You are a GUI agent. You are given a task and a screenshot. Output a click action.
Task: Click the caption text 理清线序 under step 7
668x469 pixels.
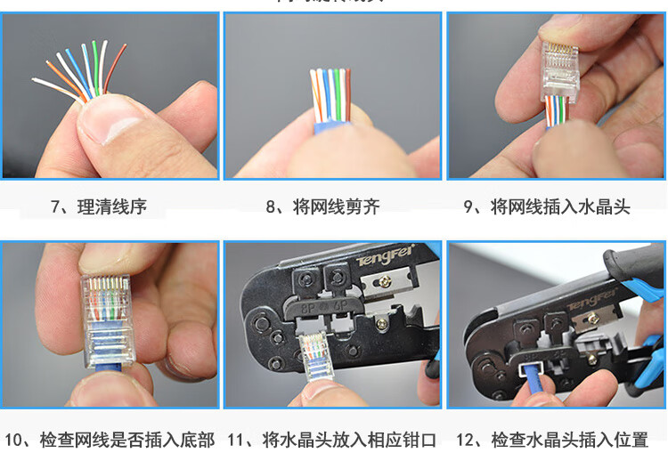click(111, 207)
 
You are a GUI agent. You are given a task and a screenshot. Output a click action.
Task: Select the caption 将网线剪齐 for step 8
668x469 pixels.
click(335, 207)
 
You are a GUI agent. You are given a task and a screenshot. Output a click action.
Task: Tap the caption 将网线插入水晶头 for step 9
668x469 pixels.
click(560, 207)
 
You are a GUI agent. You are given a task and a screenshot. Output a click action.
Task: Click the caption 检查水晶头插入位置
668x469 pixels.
click(570, 440)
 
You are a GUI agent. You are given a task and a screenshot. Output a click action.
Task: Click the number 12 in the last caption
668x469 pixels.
click(466, 440)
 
